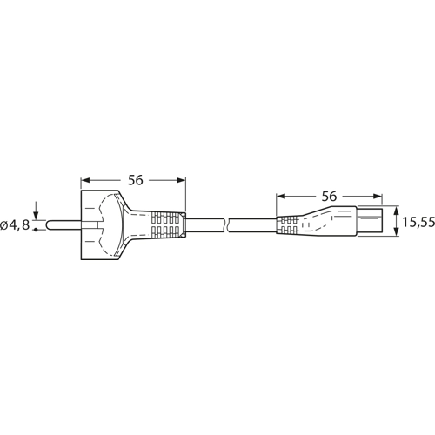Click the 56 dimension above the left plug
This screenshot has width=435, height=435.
click(135, 180)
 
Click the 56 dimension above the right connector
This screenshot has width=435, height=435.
click(330, 197)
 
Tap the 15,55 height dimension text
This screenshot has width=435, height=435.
click(418, 224)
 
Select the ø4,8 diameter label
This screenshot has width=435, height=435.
click(16, 224)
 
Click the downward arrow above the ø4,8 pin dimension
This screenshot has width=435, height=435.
click(36, 214)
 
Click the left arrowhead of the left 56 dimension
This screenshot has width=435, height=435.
click(85, 180)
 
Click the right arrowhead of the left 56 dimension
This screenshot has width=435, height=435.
click(183, 180)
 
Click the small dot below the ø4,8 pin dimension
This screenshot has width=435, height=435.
click(36, 231)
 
